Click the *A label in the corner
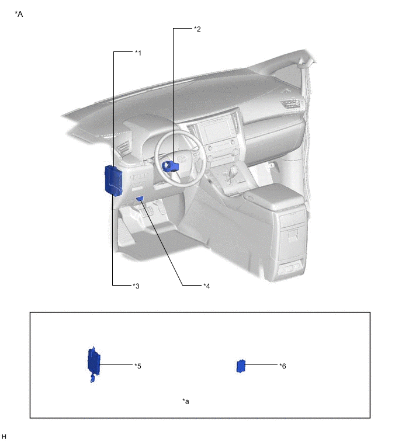click(x=19, y=14)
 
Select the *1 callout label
click(x=138, y=53)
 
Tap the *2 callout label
click(x=197, y=29)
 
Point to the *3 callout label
click(x=136, y=286)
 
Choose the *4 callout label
click(x=207, y=286)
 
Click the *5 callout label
click(x=138, y=366)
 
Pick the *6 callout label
click(x=283, y=366)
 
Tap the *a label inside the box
click(x=186, y=401)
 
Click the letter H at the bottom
click(x=4, y=436)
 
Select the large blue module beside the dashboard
click(x=113, y=180)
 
